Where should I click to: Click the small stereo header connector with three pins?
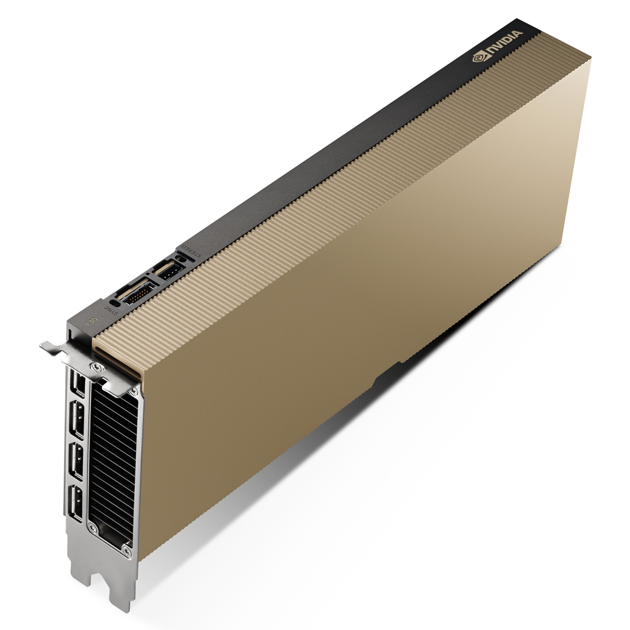coord(169,269)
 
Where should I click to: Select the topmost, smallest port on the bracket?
coord(77,385)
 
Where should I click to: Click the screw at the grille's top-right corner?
coord(137,392)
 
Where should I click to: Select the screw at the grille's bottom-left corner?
coord(94,527)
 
